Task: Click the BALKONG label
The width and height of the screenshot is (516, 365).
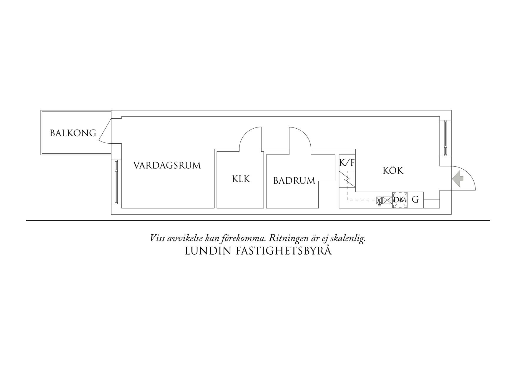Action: pos(73,133)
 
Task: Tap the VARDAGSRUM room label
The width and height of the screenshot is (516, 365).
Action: pos(167,165)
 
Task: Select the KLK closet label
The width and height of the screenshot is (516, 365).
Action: pos(241,179)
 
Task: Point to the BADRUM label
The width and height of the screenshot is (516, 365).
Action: pos(294,180)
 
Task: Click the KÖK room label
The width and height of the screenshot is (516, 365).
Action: pos(393,171)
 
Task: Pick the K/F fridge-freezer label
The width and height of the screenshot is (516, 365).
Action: pos(347,162)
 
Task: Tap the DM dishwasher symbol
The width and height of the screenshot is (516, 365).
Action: pos(400,200)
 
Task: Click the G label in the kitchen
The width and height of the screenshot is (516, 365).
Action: pos(415,200)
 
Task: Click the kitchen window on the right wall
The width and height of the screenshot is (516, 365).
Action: pos(445,138)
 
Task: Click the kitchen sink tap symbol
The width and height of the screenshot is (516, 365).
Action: pos(379,201)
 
